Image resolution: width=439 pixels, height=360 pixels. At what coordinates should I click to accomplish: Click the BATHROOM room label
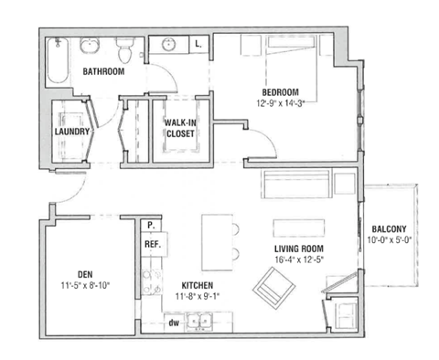(x=102, y=70)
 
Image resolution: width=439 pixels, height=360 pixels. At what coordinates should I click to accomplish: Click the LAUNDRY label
(x=72, y=132)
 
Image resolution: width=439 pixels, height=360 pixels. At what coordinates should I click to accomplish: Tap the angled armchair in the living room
(x=275, y=291)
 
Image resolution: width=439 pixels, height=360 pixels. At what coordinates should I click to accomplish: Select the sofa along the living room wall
(x=295, y=185)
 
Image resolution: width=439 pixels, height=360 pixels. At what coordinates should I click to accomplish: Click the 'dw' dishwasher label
(x=172, y=321)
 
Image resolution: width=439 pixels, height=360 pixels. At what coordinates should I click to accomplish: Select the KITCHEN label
(x=197, y=285)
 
